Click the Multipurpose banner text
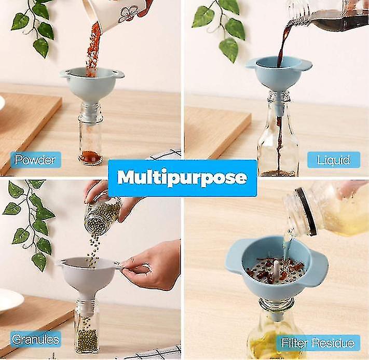coord(182,177)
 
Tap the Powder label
coord(35,159)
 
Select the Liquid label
coord(333,159)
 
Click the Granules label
coord(35,339)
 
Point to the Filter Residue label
coord(318,343)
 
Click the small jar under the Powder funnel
coord(91,137)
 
